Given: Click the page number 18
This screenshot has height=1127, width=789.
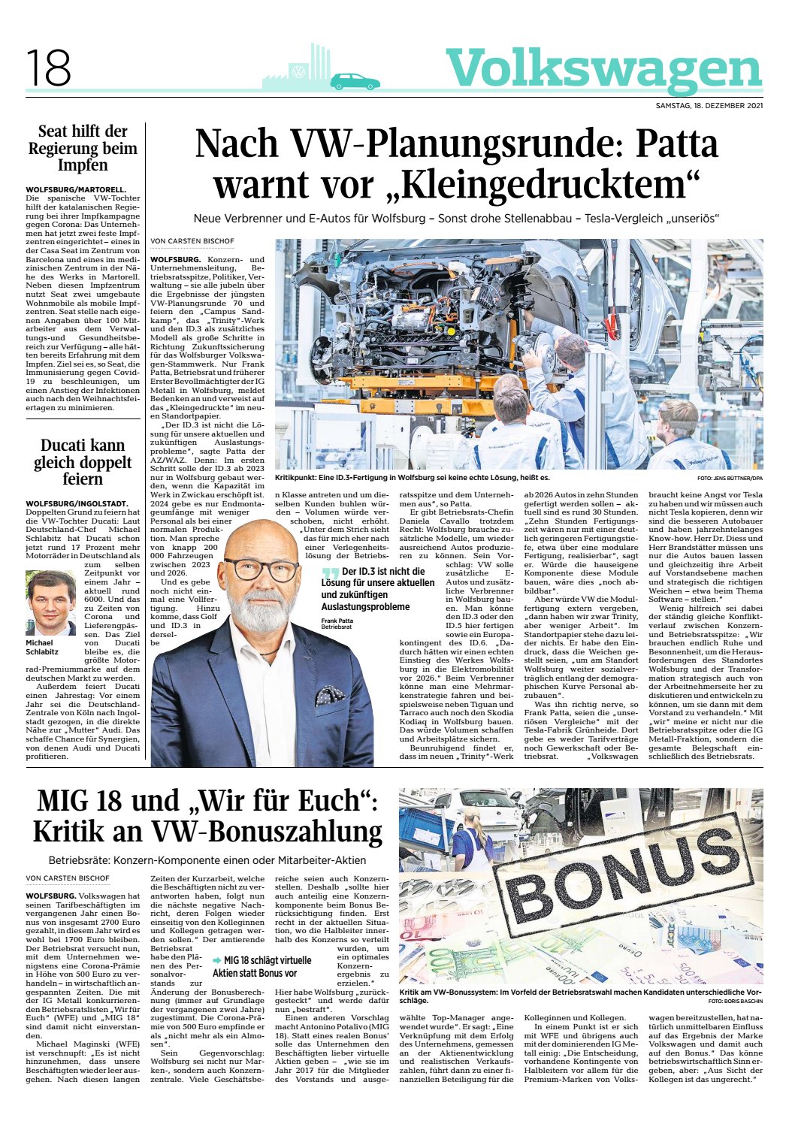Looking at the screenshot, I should coord(48,68).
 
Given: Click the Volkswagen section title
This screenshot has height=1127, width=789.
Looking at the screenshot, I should coord(603,69).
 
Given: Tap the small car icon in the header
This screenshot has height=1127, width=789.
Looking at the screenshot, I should coord(355,81).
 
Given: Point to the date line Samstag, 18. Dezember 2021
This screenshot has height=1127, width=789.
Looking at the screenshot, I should coord(709,105).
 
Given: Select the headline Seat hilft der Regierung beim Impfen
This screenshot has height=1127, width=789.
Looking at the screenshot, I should coord(83,149).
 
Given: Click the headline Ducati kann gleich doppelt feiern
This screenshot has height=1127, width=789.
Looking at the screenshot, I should coord(83,462).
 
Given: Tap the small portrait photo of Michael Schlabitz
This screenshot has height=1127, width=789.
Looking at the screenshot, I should coord(51,603).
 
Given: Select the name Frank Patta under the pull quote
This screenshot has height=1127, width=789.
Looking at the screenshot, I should coord(337,621).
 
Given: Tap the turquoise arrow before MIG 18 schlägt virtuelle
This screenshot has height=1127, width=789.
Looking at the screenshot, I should coord(217,960).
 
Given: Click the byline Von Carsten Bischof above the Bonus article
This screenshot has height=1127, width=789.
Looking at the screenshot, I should coord(68,878).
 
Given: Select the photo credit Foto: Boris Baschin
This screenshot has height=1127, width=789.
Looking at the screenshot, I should coord(734,1002).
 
